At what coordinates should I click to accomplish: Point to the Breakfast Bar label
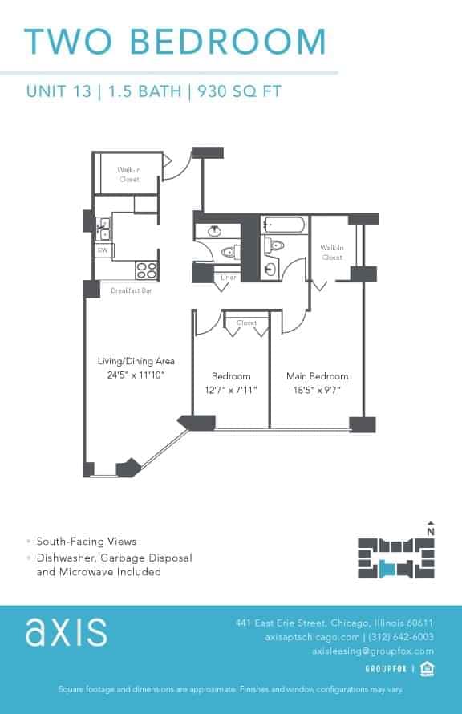(x=131, y=290)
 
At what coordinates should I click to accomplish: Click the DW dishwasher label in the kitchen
(x=103, y=250)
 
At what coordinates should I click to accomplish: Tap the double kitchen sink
(x=103, y=229)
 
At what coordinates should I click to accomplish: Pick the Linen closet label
(x=228, y=277)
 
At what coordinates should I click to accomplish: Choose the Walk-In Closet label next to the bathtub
(x=331, y=253)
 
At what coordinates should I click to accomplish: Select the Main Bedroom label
(x=318, y=375)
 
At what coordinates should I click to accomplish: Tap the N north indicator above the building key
(x=431, y=530)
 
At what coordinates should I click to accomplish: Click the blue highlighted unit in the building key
(x=389, y=568)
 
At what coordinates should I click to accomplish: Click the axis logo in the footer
(x=66, y=631)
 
